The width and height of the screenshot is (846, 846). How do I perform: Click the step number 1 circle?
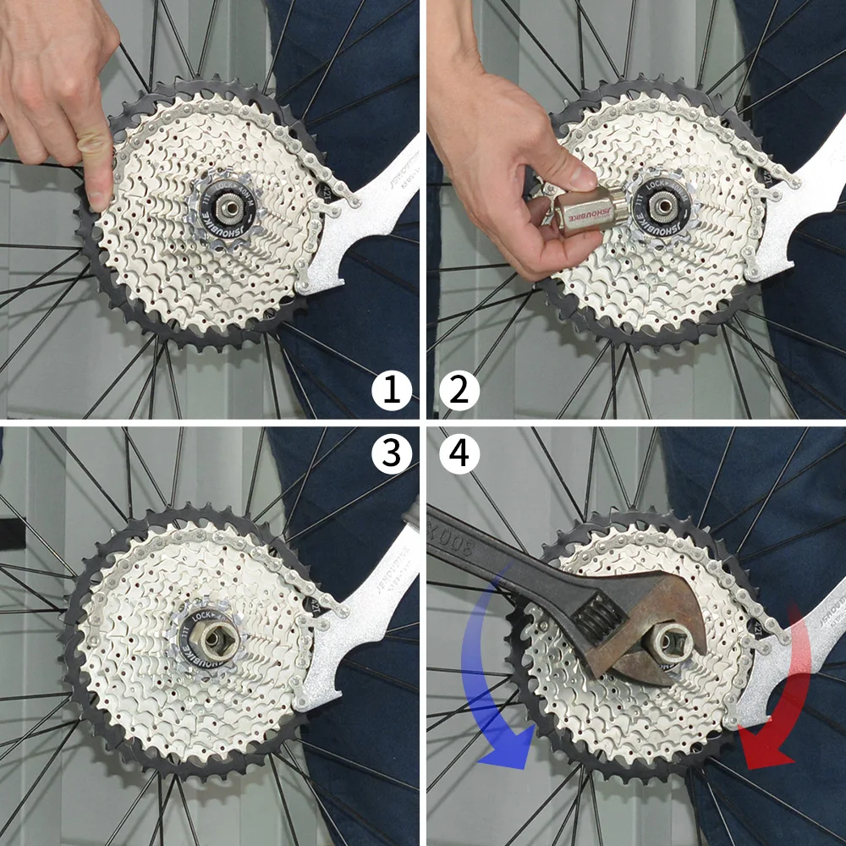pos(391,392)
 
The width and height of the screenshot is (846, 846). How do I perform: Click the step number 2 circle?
pos(459,392)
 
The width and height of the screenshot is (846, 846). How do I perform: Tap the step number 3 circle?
pos(391,454)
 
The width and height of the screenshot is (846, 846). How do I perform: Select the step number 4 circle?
pos(459,454)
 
